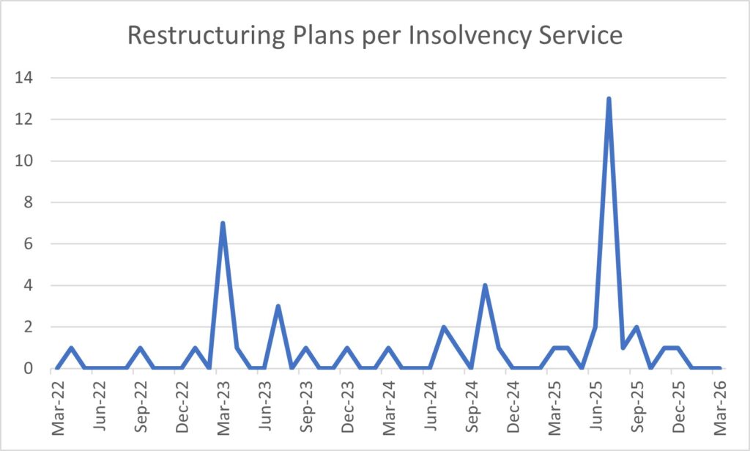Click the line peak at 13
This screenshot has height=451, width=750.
pos(609,99)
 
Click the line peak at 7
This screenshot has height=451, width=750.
pos(222,224)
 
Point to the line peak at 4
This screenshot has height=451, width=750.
pos(485,286)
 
